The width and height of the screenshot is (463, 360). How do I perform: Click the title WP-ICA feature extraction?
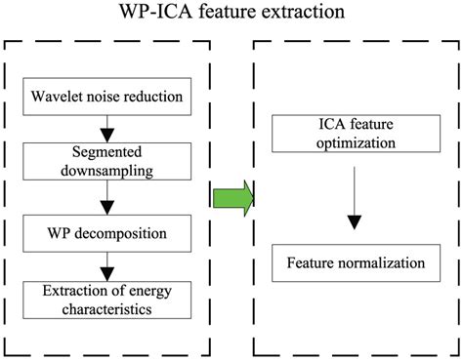[231, 15]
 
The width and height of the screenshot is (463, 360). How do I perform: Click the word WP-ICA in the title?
[172, 15]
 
